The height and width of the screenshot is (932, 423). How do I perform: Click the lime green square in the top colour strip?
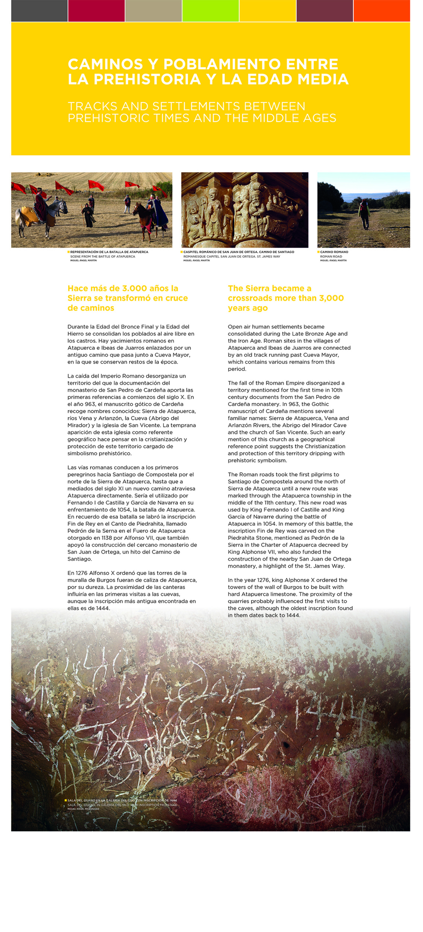(210, 10)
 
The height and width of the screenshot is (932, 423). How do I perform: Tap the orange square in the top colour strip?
(381, 10)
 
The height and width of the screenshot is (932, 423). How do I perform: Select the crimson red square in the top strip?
(96, 10)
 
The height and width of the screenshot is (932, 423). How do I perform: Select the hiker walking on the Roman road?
(364, 214)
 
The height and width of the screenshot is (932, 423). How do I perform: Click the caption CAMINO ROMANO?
(334, 252)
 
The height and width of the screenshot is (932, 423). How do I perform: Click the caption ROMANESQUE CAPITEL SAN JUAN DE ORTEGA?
(232, 256)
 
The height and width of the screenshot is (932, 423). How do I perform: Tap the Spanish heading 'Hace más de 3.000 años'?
(123, 288)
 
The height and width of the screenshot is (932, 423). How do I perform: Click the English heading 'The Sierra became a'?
(269, 288)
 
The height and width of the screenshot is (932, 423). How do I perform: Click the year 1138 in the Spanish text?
(107, 538)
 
